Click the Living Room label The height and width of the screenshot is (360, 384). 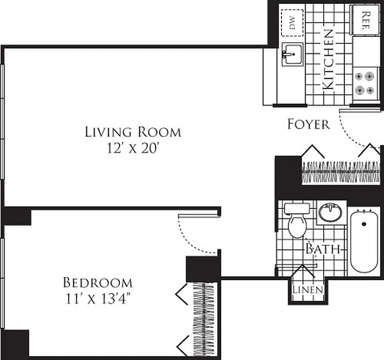coord(133,132)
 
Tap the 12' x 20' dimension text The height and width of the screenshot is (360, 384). coord(133,148)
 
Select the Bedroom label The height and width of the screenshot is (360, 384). coord(98,283)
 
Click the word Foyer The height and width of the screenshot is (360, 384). coord(308,124)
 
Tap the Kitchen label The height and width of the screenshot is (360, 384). coord(329,59)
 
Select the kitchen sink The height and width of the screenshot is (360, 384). coord(292,55)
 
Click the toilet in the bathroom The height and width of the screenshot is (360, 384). coord(297,223)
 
